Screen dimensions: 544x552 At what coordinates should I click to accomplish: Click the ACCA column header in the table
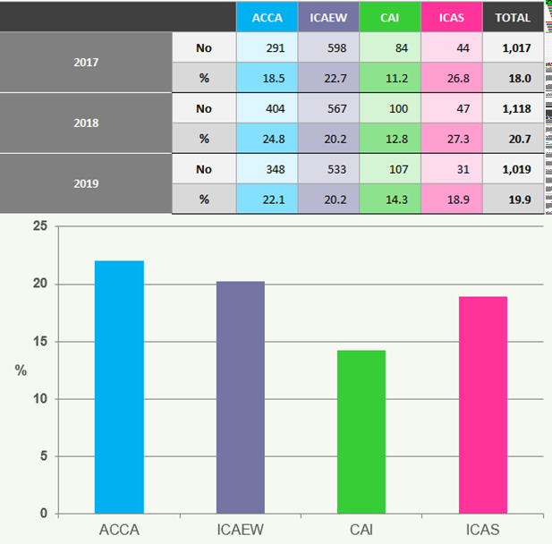[x=267, y=17]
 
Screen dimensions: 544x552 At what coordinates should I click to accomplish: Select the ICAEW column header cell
[x=328, y=17]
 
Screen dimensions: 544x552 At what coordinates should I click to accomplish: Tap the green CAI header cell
[x=389, y=17]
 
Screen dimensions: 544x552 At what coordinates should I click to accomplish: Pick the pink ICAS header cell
[x=451, y=17]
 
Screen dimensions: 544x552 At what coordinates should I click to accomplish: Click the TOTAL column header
[x=513, y=17]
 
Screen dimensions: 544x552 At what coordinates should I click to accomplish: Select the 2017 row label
[x=86, y=63]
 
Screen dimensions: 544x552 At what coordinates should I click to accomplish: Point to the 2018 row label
[x=86, y=123]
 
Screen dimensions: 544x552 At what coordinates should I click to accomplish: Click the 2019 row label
[x=86, y=183]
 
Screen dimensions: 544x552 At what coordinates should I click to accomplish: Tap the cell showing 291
[x=267, y=47]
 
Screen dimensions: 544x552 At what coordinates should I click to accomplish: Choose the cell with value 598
[x=328, y=47]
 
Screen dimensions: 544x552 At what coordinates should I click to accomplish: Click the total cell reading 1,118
[x=513, y=108]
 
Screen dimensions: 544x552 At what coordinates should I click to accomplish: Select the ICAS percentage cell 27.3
[x=451, y=139]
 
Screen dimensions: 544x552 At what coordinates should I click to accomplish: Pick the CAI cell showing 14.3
[x=389, y=199]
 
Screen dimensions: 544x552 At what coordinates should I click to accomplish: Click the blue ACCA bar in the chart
[x=119, y=387]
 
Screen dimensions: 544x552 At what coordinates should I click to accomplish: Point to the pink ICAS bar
[x=482, y=405]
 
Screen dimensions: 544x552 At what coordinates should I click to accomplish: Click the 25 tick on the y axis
[x=38, y=227]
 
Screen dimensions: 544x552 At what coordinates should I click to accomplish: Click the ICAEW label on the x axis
[x=240, y=530]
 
